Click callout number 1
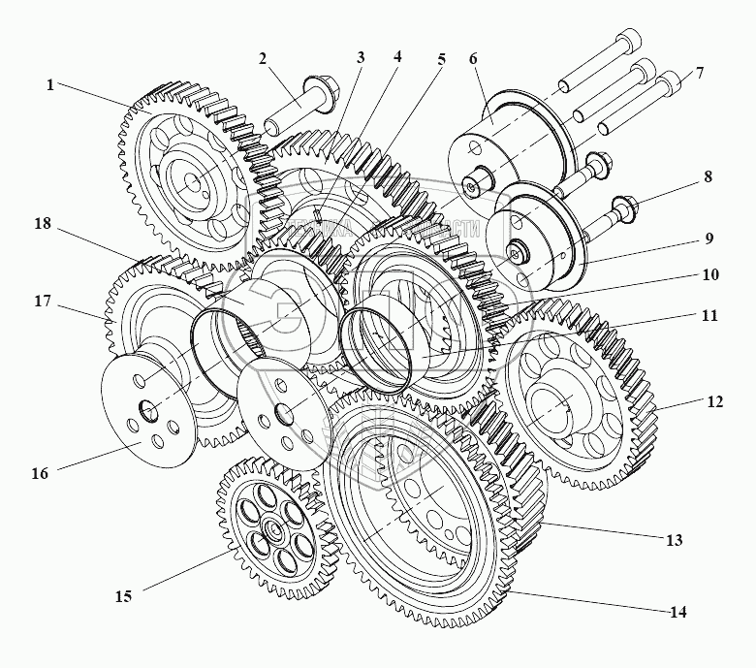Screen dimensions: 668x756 click(x=49, y=84)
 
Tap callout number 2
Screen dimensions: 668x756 click(x=263, y=58)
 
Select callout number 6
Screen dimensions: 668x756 click(x=472, y=58)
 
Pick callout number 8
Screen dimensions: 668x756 click(x=708, y=177)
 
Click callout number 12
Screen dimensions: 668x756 click(x=714, y=402)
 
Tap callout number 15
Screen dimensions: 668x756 click(x=123, y=595)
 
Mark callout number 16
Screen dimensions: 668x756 click(x=39, y=474)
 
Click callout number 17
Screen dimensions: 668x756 click(x=42, y=302)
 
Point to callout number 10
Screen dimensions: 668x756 click(x=709, y=274)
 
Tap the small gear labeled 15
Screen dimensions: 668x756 click(x=272, y=524)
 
